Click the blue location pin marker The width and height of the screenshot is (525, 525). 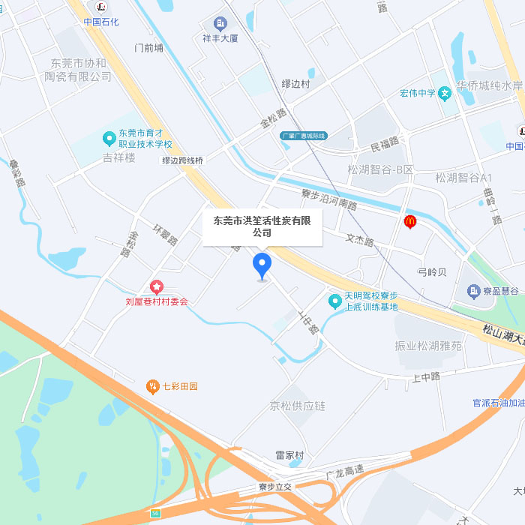262,265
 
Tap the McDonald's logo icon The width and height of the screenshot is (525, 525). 409,221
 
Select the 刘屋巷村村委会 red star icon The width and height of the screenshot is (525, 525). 157,286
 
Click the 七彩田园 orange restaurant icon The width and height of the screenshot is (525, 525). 152,386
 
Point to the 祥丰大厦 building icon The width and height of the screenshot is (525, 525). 220,24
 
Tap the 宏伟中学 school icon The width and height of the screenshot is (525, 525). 445,94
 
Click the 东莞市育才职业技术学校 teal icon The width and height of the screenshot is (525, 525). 109,139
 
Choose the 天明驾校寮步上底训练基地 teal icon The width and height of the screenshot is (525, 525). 335,301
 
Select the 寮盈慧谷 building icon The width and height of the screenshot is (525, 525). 473,290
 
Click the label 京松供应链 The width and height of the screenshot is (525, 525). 298,406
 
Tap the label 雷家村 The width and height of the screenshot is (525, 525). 289,455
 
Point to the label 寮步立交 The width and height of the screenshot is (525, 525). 274,487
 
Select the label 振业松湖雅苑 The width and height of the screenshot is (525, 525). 428,346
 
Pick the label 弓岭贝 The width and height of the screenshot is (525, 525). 432,271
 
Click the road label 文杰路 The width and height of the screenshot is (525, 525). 359,241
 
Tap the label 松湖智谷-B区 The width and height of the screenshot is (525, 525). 381,169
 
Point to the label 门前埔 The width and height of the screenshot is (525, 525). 148,47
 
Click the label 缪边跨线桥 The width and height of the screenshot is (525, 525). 183,160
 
